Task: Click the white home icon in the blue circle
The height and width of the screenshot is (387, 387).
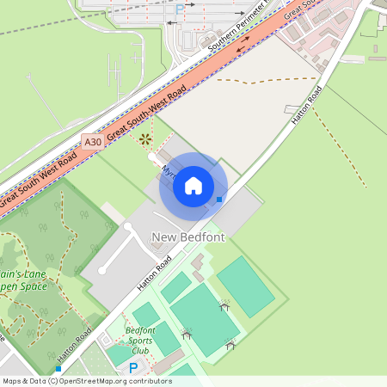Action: click(x=193, y=186)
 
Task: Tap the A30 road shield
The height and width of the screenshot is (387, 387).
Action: click(x=93, y=140)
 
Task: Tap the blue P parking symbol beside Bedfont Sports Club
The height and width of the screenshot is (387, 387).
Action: click(x=133, y=368)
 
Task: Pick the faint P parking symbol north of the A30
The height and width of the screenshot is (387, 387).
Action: click(x=179, y=9)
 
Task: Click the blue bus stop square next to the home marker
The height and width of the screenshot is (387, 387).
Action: click(x=219, y=200)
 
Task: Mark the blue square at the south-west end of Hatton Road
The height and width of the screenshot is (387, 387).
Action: click(x=58, y=368)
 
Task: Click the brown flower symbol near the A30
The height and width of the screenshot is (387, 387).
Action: click(x=144, y=138)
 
